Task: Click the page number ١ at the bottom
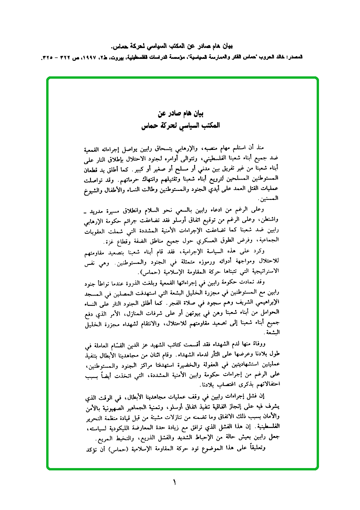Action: coord(174,482)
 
